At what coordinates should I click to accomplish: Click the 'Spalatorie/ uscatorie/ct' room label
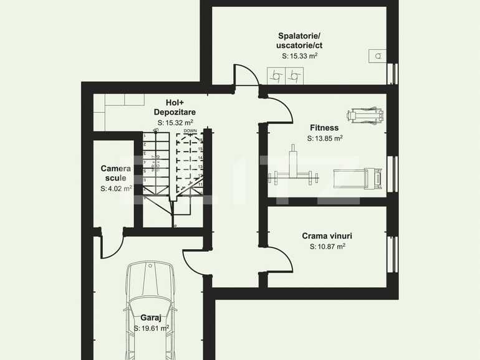click(299, 40)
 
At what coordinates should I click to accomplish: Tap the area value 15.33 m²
click(300, 56)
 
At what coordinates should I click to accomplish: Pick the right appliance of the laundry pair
click(292, 76)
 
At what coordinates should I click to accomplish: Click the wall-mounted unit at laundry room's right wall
click(377, 56)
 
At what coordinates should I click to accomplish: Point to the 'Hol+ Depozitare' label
click(175, 107)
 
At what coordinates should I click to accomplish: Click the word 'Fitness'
click(324, 128)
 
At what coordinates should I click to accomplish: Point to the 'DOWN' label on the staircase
click(190, 131)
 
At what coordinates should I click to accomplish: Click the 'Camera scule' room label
click(116, 173)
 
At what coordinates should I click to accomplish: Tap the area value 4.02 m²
click(117, 189)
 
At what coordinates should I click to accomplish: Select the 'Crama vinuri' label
click(327, 236)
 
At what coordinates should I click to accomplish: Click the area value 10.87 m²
click(327, 247)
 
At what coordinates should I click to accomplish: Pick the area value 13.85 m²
click(325, 138)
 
